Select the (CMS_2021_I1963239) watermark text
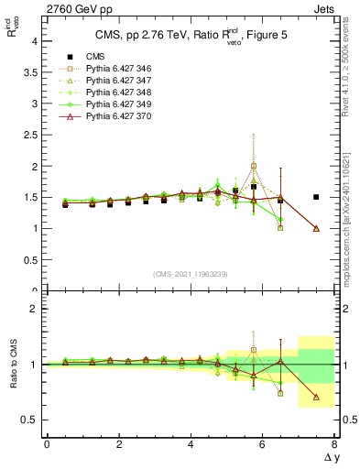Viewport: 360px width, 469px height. (191, 273)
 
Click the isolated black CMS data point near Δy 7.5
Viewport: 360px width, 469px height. (316, 197)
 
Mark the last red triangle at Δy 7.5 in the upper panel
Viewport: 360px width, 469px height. (316, 228)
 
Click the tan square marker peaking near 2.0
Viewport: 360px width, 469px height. (254, 167)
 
